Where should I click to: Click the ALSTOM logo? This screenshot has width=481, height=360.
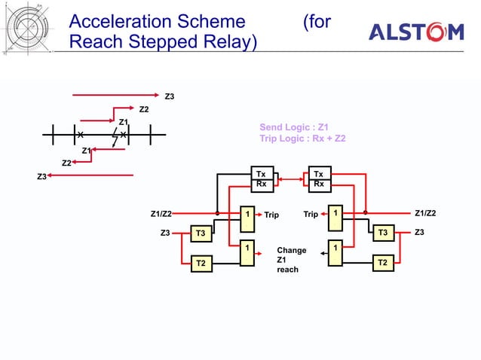coord(415,32)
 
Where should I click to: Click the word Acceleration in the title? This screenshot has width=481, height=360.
coord(119,21)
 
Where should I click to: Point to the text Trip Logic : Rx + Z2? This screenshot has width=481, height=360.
coord(302,139)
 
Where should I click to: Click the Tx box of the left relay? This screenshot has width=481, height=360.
coord(261,174)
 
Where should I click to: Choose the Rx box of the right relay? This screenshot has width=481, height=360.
coord(319,183)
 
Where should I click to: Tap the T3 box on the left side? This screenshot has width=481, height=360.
coord(201,233)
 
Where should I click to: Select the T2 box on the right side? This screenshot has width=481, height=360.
coord(383,262)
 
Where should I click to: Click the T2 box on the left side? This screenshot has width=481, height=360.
coord(201,263)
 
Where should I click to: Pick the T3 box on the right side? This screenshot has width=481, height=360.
coord(383,233)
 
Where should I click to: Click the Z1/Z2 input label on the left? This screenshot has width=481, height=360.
coord(161,214)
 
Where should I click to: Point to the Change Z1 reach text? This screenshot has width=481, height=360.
coord(288,259)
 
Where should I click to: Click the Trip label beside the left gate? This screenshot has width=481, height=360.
coord(271,215)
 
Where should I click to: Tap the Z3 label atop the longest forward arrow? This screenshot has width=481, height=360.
coord(170,96)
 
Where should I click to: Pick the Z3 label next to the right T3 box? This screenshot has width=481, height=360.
coord(420,233)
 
